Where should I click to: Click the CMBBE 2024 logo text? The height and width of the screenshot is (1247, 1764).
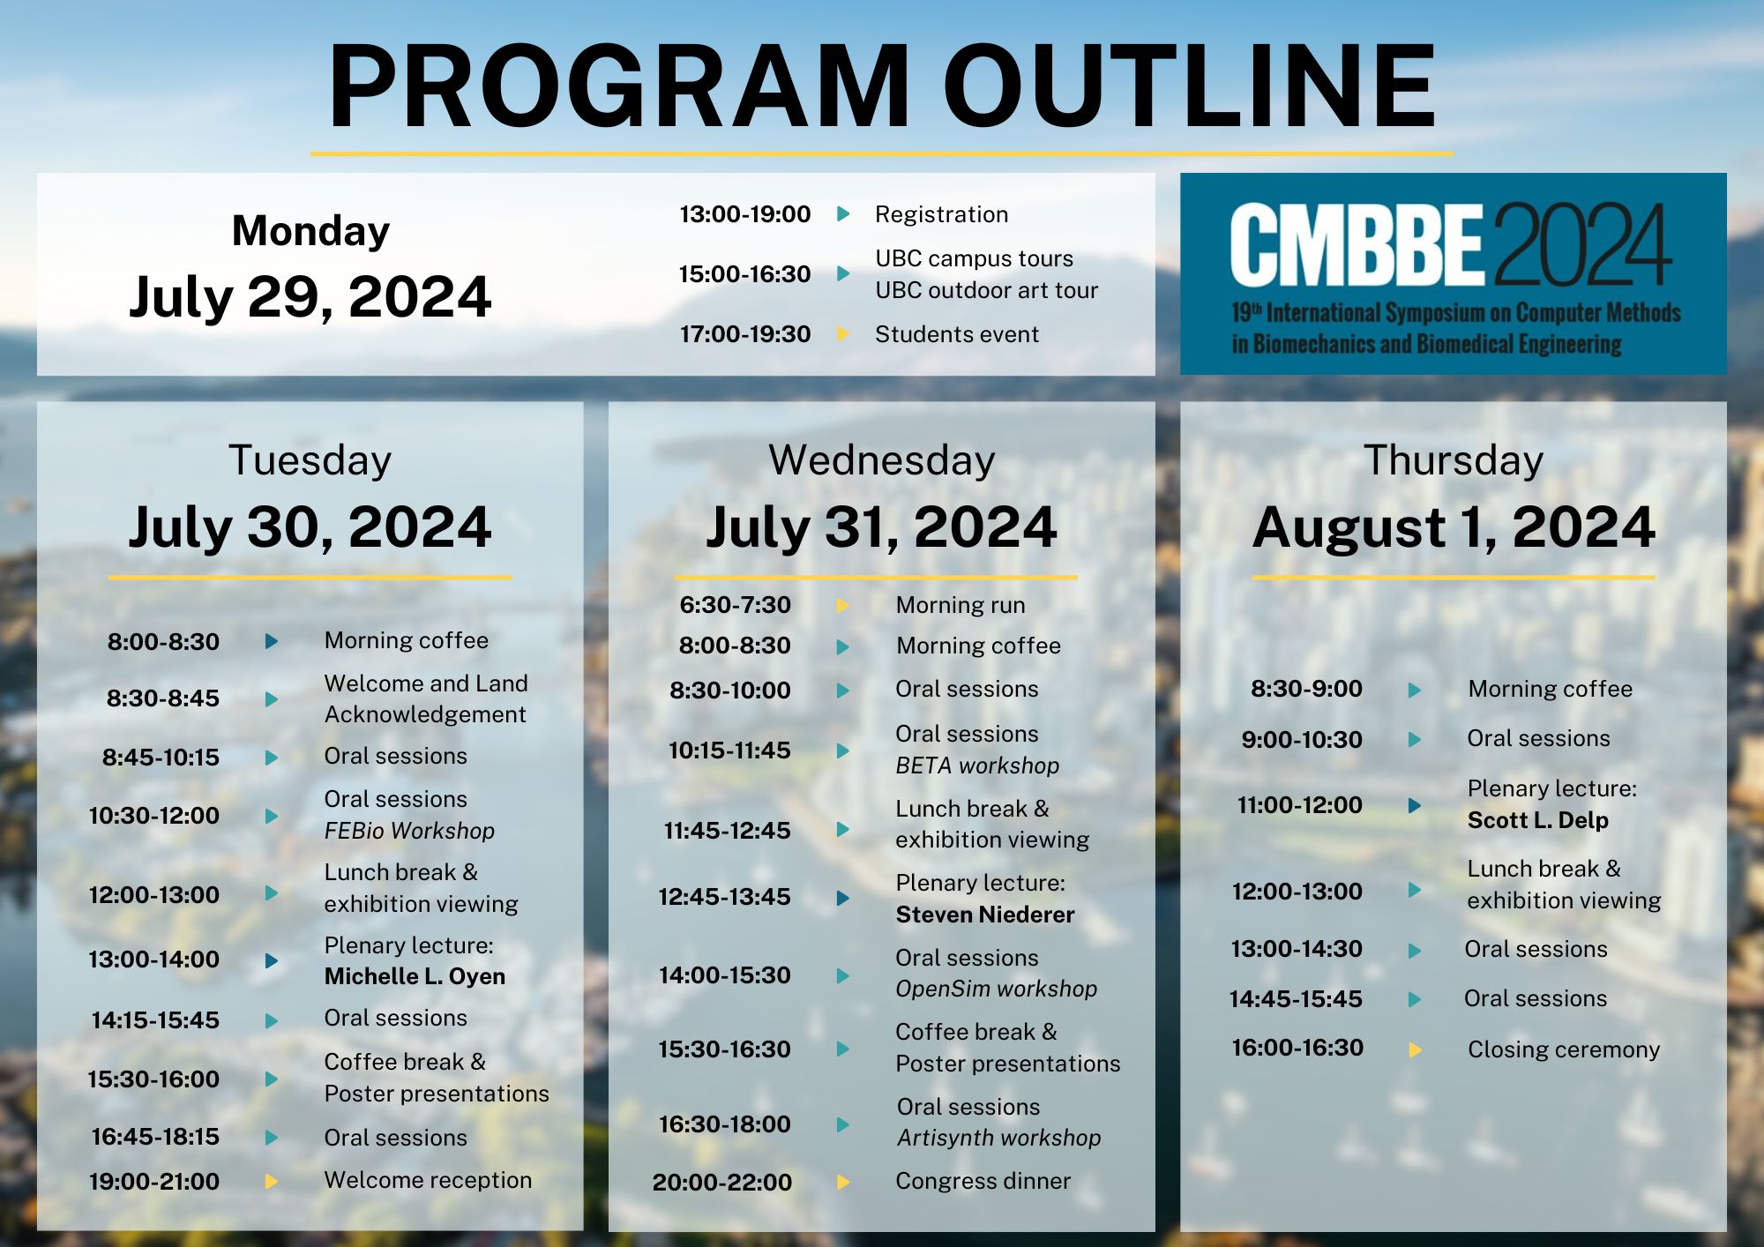click(x=1451, y=244)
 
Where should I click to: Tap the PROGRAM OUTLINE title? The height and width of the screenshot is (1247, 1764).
click(x=882, y=86)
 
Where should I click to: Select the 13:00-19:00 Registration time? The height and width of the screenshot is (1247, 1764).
click(x=744, y=214)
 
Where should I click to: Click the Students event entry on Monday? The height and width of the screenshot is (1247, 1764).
click(x=957, y=334)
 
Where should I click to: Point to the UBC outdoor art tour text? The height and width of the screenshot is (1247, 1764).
click(x=986, y=290)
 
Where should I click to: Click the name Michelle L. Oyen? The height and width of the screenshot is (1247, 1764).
click(x=415, y=976)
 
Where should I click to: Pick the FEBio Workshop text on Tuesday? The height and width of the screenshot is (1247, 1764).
click(x=409, y=831)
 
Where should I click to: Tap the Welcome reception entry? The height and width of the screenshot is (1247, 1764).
click(x=428, y=1180)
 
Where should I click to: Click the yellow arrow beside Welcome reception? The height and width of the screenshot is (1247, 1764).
click(x=272, y=1181)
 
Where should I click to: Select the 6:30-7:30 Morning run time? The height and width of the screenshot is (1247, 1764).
click(x=735, y=605)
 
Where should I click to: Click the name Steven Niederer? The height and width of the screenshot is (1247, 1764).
click(x=985, y=915)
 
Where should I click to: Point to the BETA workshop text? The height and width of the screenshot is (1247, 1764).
click(x=977, y=765)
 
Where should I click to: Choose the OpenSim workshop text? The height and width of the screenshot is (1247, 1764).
click(x=996, y=989)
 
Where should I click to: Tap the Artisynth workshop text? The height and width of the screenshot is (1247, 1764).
click(x=999, y=1138)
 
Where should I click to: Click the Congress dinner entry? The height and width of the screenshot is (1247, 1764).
click(x=983, y=1181)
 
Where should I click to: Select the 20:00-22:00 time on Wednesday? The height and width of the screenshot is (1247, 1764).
click(x=722, y=1183)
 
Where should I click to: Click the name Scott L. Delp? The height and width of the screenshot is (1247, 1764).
click(x=1537, y=820)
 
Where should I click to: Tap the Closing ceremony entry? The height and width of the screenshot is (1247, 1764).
click(x=1564, y=1049)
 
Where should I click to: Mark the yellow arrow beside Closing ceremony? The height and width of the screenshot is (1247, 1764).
click(x=1415, y=1049)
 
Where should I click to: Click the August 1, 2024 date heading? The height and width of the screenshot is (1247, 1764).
click(x=1454, y=527)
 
